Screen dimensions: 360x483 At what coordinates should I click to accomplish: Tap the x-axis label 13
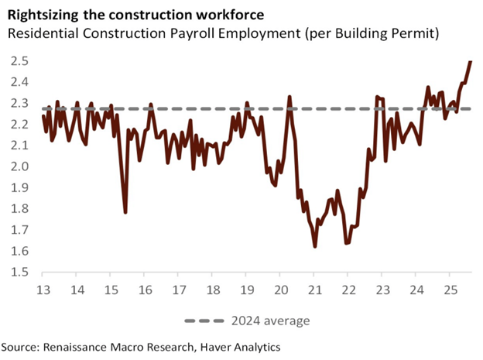point(43,290)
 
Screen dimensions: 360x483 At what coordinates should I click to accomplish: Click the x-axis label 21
point(313,290)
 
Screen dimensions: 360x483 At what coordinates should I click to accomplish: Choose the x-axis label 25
point(449,290)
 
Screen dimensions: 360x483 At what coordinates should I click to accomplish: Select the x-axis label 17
point(179,290)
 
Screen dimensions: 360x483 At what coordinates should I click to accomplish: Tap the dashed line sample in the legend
point(204,321)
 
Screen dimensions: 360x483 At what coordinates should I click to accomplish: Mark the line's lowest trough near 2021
point(315,246)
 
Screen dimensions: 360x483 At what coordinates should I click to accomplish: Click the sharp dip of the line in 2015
point(125,211)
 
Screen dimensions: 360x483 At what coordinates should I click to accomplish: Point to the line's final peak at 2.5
point(470,62)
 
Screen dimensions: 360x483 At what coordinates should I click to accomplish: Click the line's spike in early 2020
point(289,98)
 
